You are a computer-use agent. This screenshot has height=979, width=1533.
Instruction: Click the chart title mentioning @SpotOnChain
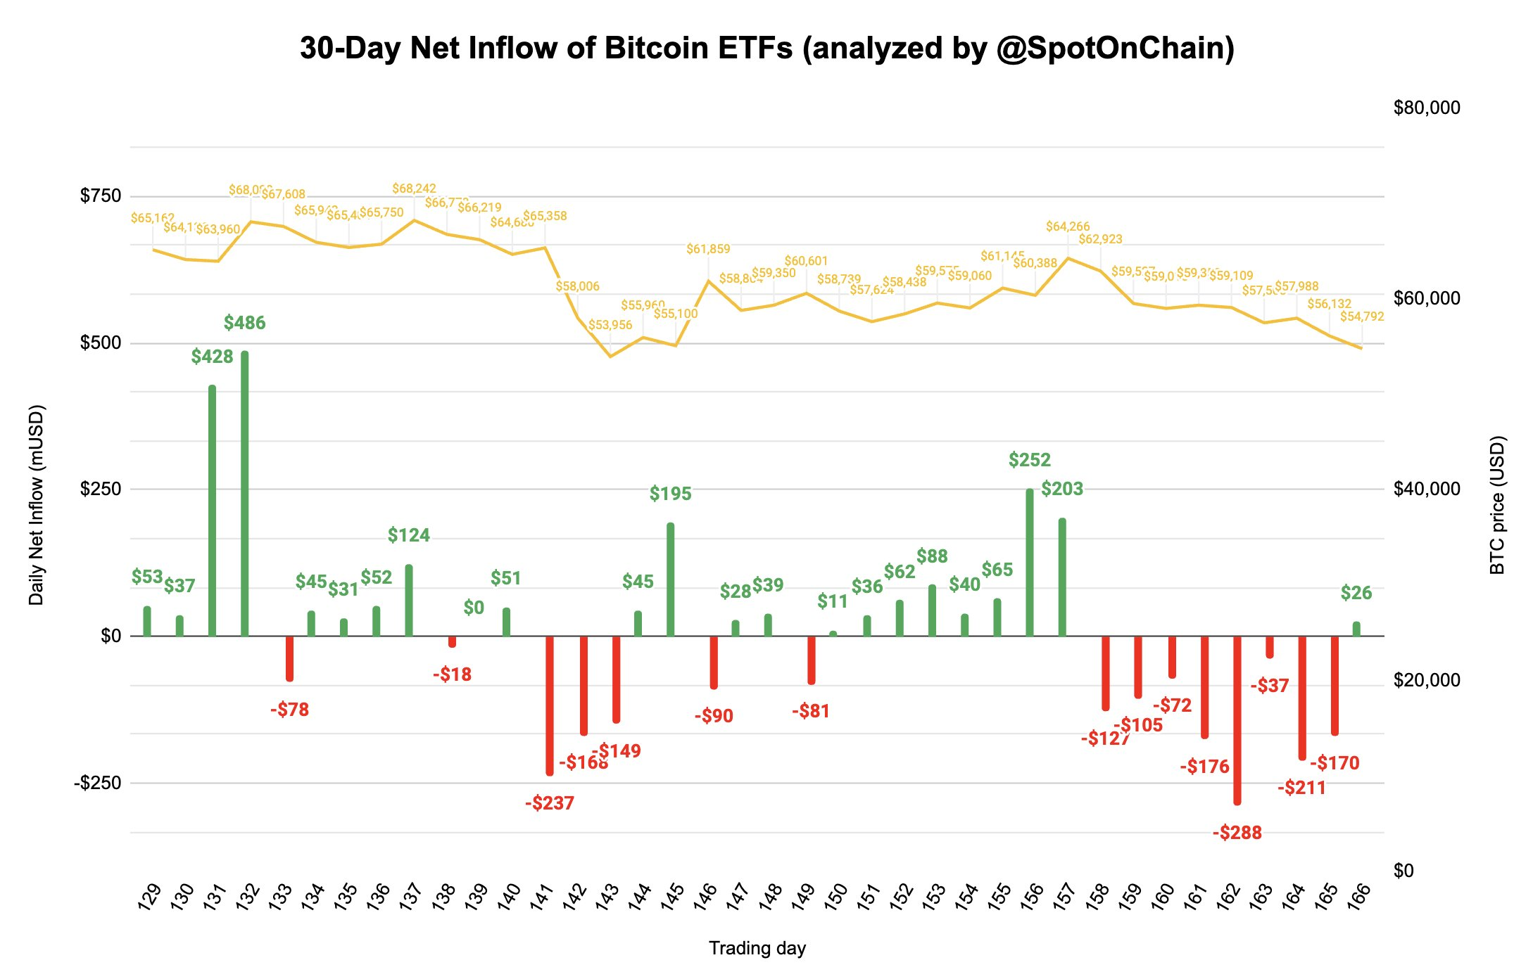coord(766,49)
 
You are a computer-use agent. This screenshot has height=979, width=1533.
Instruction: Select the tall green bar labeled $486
coord(244,492)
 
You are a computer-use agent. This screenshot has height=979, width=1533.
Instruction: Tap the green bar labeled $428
coord(212,511)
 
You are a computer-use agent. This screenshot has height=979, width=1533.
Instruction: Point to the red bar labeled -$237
coord(550,705)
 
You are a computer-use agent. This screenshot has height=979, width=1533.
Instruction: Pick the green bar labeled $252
coord(1030,563)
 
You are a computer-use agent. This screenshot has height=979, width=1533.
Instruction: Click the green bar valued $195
coord(670,580)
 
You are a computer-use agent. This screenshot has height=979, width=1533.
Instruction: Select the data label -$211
coord(1301,788)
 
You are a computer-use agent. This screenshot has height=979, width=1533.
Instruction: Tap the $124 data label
coord(408,535)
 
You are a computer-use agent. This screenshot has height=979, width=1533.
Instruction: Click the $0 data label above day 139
coord(474,608)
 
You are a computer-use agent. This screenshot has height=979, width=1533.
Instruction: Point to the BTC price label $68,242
coord(414,188)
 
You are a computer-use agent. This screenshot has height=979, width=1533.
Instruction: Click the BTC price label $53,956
coord(610,325)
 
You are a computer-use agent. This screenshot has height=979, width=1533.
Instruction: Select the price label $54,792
coord(1361,316)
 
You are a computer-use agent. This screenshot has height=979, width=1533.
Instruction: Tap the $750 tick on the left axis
coord(101,196)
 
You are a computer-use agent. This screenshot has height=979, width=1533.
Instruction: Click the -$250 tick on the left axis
coord(98,783)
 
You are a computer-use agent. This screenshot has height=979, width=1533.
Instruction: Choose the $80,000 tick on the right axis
coord(1426,108)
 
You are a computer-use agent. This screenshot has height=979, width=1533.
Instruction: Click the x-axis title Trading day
coord(757,948)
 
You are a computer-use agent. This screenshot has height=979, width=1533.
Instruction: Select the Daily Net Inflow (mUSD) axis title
coord(37,504)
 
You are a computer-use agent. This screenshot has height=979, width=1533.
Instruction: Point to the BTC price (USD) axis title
coord(1497,504)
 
